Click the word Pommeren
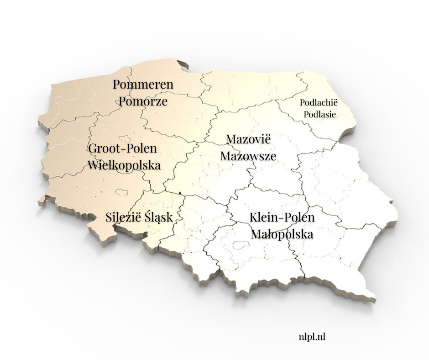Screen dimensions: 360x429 coord(143,85)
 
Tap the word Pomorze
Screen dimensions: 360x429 coord(143,101)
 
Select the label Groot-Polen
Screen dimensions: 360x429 coord(122,148)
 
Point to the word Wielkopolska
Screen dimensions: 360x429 coord(124,165)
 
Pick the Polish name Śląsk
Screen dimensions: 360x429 coord(158,217)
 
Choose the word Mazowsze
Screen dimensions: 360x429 coord(248,156)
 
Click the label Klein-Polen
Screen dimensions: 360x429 coord(282,217)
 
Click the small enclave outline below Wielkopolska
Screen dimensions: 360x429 coord(122,193)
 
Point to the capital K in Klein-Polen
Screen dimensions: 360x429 coord(254,217)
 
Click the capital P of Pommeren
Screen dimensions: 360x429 coord(117,85)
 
